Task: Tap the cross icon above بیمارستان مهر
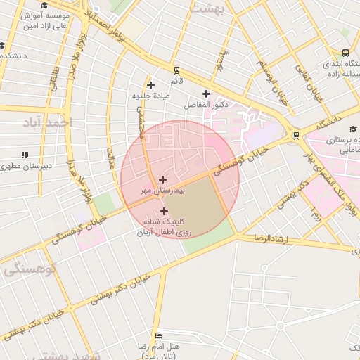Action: [x=163, y=180]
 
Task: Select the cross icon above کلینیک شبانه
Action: [x=164, y=211]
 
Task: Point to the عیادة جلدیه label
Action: [x=150, y=95]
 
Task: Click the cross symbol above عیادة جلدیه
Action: [x=150, y=85]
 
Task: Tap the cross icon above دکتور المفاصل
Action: [x=206, y=94]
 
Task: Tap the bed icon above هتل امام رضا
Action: [x=158, y=336]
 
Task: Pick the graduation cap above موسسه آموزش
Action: [x=46, y=5]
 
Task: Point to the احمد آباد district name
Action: [x=47, y=123]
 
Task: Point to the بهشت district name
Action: [x=210, y=9]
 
